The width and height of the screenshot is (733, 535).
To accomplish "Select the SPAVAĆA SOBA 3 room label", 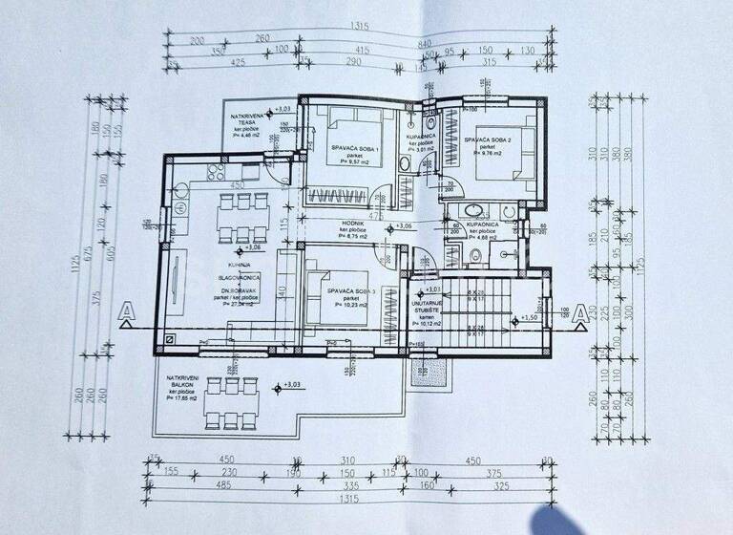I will pos(349,290).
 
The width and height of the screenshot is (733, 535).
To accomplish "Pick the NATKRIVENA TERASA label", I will pos(249,120).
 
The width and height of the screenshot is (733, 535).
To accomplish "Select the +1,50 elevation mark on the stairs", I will pos(530,318).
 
